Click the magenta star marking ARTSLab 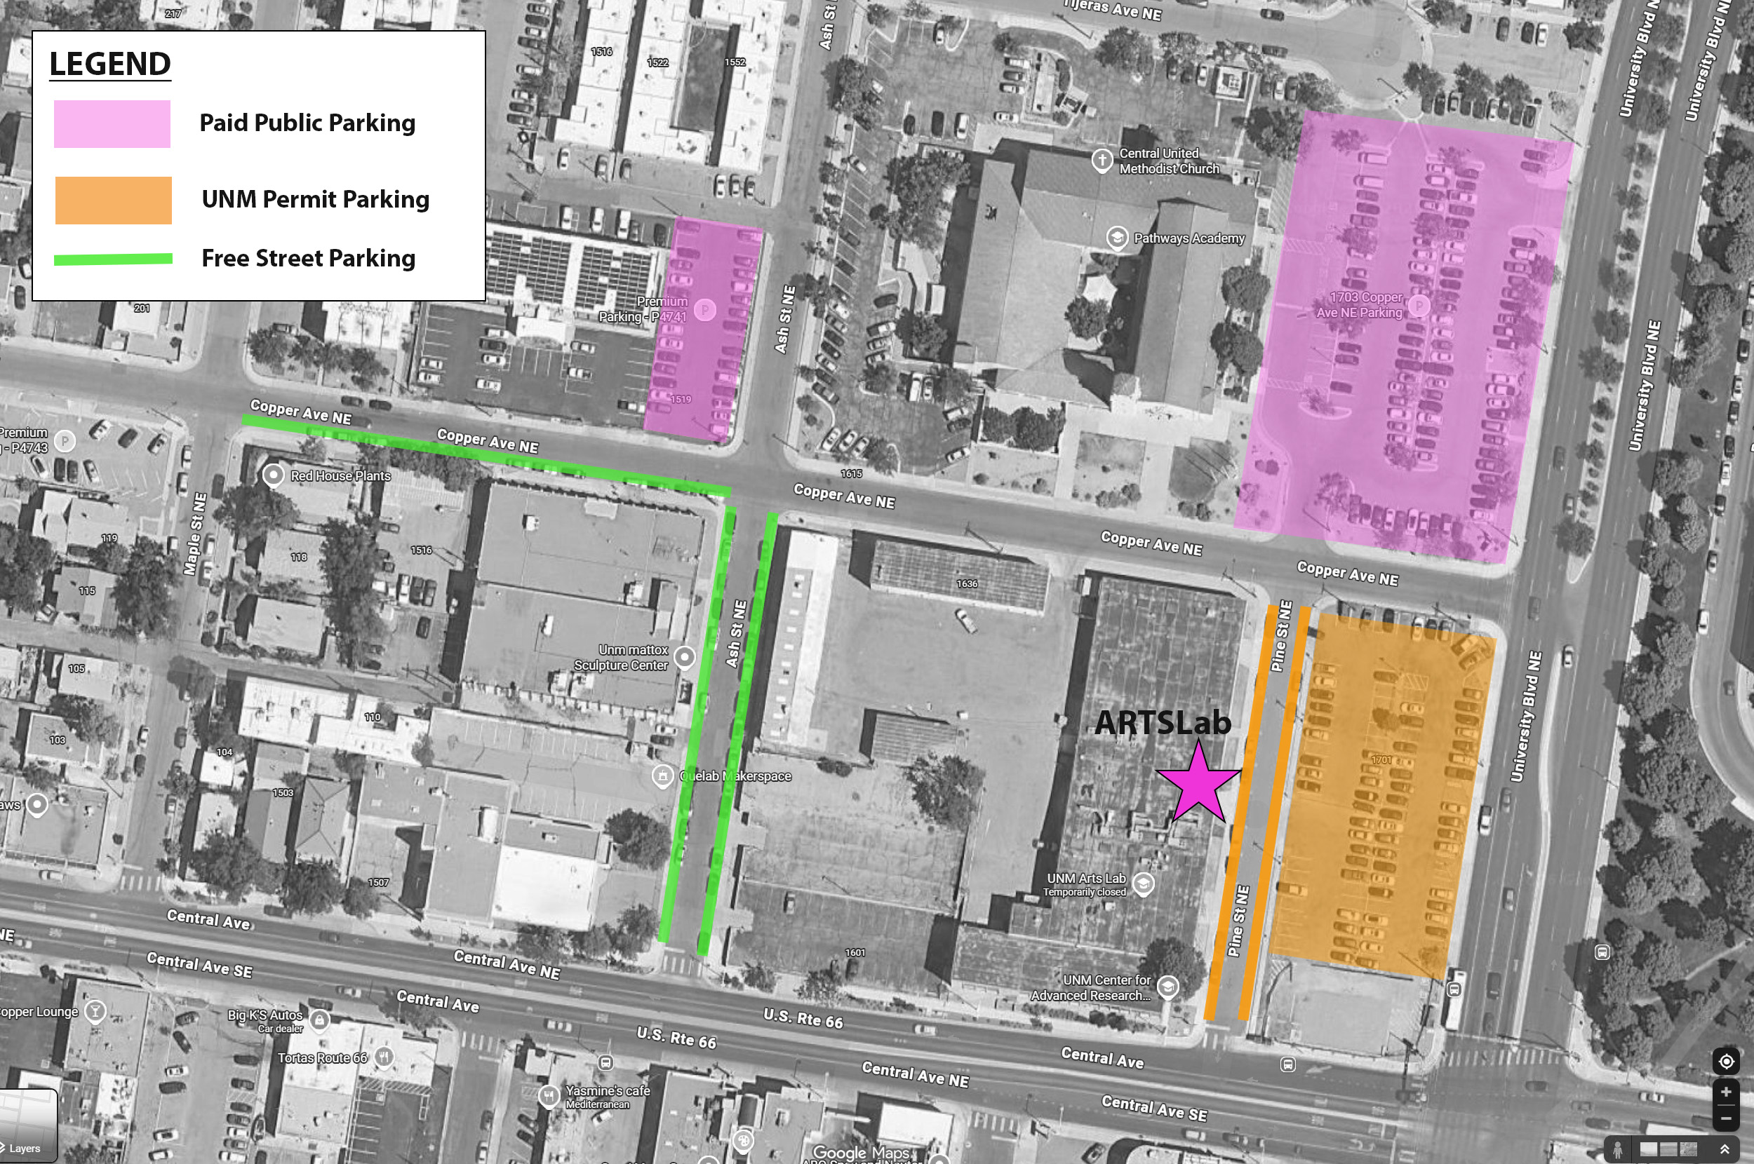[1198, 783]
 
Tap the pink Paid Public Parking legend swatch [112, 124]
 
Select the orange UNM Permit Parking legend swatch [113, 201]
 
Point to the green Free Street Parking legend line [113, 259]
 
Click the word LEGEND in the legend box [110, 64]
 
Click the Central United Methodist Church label [1168, 161]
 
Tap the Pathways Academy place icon [1117, 238]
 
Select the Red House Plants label [340, 476]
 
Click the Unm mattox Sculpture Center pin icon [685, 657]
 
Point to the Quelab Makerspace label [735, 776]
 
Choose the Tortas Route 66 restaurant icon [383, 1056]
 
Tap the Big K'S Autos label [265, 1015]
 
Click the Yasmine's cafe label [607, 1091]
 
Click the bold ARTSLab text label [1162, 723]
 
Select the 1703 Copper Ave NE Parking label [1360, 305]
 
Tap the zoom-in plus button [1726, 1092]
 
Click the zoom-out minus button [1726, 1118]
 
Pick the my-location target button [1726, 1062]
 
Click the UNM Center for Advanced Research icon [1167, 987]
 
